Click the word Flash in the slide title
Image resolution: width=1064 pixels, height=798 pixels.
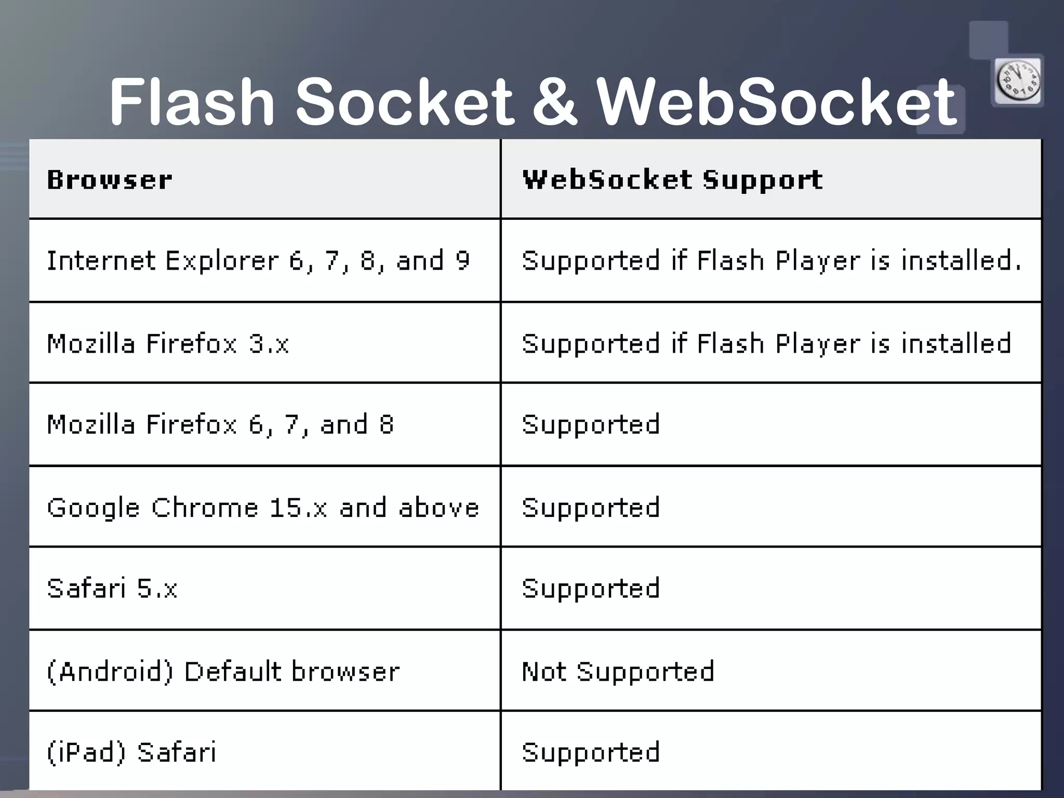click(191, 102)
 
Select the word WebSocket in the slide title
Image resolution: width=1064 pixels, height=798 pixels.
click(776, 102)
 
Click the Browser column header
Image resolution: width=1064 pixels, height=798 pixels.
click(110, 180)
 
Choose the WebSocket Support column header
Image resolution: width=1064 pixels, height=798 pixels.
click(672, 180)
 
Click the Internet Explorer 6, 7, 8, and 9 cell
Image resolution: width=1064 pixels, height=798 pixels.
click(258, 260)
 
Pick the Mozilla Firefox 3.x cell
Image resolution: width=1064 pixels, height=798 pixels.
click(168, 343)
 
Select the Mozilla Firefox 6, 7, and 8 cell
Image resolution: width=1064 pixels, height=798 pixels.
click(220, 424)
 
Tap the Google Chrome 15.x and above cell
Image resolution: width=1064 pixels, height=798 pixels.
click(263, 508)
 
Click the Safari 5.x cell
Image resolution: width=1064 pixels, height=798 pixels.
click(112, 589)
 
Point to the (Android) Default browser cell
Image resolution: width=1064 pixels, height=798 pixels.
click(223, 671)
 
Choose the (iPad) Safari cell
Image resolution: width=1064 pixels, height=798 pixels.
click(131, 752)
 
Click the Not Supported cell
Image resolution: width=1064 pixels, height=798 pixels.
click(618, 671)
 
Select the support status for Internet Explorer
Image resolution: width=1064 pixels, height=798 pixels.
click(771, 260)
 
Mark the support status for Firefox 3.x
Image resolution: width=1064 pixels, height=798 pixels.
click(766, 343)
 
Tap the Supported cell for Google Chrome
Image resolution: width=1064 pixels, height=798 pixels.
click(591, 508)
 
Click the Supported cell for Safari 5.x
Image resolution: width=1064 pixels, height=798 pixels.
click(591, 589)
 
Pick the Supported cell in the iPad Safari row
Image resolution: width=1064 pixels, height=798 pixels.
click(591, 752)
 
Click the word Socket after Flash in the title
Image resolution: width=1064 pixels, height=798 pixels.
click(404, 102)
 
